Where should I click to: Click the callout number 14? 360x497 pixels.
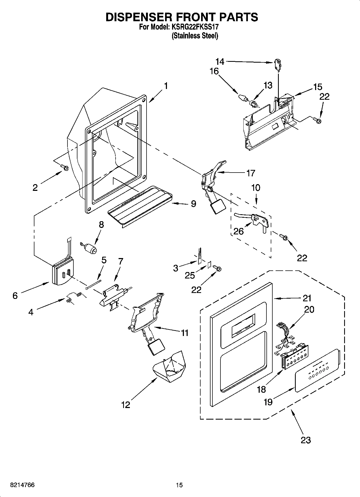point(220,62)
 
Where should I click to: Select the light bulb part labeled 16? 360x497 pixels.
point(243,98)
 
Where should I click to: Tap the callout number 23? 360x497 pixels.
point(306,440)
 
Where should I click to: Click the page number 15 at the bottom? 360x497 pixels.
point(179,485)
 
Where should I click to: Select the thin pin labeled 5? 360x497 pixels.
point(93,284)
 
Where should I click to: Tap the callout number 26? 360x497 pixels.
point(238,231)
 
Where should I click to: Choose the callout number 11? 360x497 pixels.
point(184,333)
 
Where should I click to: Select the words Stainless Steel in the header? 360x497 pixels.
point(195,36)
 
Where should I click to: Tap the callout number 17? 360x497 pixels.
point(250,173)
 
